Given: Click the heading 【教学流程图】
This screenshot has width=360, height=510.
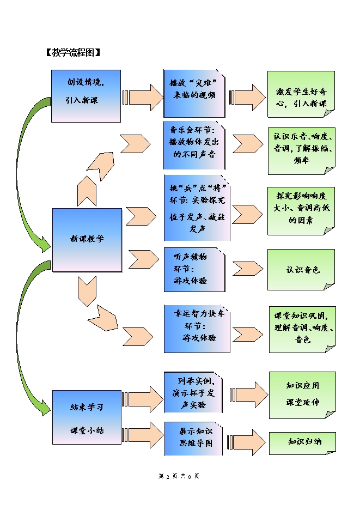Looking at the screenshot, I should pyautogui.click(x=73, y=53).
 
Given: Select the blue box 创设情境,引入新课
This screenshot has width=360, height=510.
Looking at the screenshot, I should pyautogui.click(x=86, y=96).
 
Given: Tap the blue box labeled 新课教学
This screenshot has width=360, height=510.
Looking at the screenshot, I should pyautogui.click(x=87, y=239).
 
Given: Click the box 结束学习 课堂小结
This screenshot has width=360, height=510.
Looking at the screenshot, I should pyautogui.click(x=87, y=418).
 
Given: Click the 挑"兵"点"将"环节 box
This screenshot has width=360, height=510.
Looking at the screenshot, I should pyautogui.click(x=197, y=208).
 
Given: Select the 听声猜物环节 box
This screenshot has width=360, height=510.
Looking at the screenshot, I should pyautogui.click(x=193, y=269).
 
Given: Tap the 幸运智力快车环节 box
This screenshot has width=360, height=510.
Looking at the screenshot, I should pyautogui.click(x=197, y=329).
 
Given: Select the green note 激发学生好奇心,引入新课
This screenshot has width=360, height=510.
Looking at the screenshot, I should pyautogui.click(x=301, y=94).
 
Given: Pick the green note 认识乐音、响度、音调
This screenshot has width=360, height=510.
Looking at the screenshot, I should pyautogui.click(x=301, y=147).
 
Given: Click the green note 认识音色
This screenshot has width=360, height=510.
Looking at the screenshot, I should pyautogui.click(x=301, y=270).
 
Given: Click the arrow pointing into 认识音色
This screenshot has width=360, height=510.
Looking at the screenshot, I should pyautogui.click(x=248, y=269).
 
